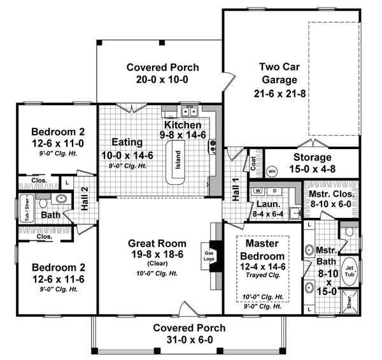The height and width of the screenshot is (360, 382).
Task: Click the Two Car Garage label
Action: [278, 73]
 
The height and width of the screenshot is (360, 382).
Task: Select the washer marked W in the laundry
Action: [258, 191]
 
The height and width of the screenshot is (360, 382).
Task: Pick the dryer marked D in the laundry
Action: [274, 191]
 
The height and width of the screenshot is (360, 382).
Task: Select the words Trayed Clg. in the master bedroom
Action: [262, 267]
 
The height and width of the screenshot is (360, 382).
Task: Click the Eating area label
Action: [125, 141]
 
